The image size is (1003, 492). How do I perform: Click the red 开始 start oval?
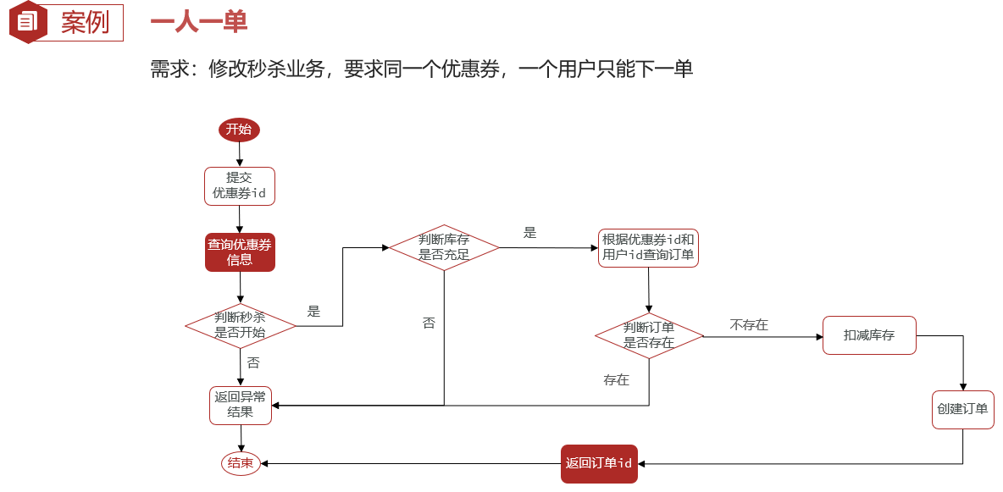point(239,130)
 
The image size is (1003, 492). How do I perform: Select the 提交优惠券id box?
point(240,185)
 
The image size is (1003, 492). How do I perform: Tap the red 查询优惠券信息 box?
point(240,252)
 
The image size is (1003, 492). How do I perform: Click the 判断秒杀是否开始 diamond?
point(241,325)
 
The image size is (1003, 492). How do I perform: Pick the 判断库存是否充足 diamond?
point(444,247)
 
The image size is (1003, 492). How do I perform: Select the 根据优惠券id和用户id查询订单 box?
point(648,247)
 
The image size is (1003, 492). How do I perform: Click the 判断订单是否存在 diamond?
point(649,335)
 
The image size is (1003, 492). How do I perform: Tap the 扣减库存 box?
point(869,335)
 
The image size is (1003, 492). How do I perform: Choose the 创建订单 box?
point(962,409)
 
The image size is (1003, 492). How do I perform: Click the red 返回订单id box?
point(598,463)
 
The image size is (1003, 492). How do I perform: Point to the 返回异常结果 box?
point(240,405)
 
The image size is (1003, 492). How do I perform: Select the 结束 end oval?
point(240,463)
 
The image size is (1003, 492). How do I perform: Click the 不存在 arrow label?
point(749,325)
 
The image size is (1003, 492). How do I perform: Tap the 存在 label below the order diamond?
point(616,380)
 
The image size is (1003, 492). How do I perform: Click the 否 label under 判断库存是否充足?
point(429,323)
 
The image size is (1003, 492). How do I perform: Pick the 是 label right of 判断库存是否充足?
point(530,233)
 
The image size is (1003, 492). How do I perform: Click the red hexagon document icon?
point(28,22)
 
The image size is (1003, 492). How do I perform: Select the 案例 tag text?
point(85,23)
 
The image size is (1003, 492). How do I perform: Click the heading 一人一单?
point(199,23)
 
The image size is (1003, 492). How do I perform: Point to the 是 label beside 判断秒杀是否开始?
point(313,312)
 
